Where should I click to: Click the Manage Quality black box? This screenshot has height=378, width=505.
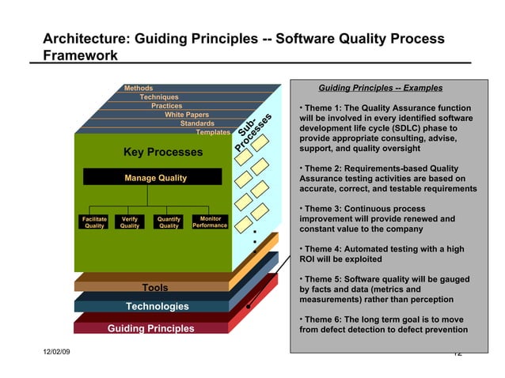coord(155,178)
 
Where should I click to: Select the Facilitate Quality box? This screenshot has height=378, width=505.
coord(94,222)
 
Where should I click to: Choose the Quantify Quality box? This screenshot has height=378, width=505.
coord(169,222)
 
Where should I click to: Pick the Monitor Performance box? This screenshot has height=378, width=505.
coord(210,222)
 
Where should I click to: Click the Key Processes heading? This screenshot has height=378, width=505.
coord(163,152)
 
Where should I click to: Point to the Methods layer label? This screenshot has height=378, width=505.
coord(139,88)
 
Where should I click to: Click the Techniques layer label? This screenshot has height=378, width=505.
coord(158,96)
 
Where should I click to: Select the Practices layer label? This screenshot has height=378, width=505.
coord(166,105)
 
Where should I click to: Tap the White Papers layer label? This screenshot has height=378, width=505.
coord(187,115)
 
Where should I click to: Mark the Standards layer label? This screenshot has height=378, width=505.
coord(197,123)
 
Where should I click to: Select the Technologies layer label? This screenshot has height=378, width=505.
coord(158,306)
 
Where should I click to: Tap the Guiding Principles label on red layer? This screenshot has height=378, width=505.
coord(150,328)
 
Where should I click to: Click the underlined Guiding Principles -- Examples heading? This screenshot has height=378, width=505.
coord(380,88)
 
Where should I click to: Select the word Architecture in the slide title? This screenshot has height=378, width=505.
coord(81,40)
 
